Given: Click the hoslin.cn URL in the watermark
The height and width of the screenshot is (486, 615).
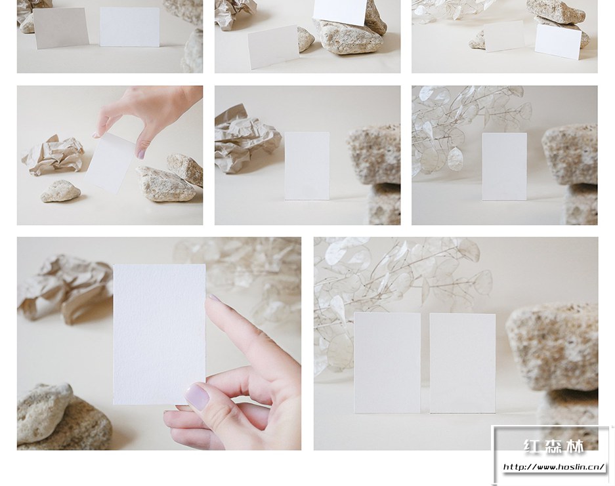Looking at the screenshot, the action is (554, 467).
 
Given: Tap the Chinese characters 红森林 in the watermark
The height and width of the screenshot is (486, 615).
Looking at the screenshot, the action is (554, 447).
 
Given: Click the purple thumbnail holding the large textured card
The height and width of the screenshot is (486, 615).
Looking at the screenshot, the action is (197, 396).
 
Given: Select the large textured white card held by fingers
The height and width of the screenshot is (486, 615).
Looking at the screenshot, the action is (159, 334).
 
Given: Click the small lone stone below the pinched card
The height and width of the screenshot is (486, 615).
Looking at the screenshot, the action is (60, 191).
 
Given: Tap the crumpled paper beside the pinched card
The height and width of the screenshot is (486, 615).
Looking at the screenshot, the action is (52, 155).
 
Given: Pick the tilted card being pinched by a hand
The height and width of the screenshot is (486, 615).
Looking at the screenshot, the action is (111, 162).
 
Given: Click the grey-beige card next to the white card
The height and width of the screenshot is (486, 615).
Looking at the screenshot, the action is (62, 28).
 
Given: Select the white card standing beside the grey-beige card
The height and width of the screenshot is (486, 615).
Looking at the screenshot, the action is (129, 27).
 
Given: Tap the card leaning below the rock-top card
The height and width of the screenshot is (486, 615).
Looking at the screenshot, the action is (274, 47).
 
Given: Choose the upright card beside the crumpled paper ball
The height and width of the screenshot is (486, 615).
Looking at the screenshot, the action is (307, 166).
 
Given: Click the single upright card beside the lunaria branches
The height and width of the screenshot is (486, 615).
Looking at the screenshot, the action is (504, 166).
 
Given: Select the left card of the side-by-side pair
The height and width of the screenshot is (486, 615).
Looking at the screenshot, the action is (387, 363).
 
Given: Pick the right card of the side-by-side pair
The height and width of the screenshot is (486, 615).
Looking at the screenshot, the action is (463, 363).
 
